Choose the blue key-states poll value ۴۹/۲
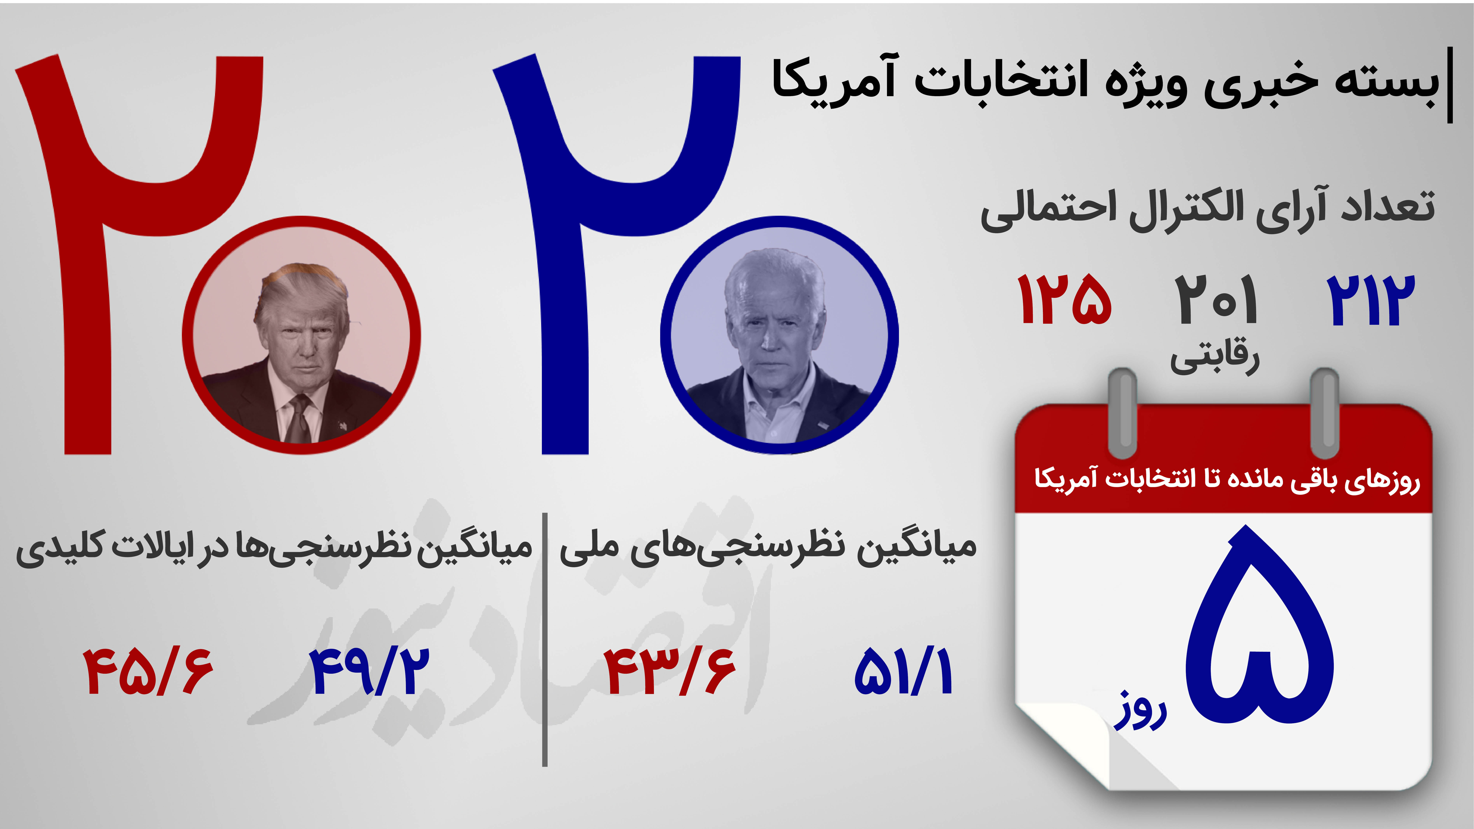point(370,671)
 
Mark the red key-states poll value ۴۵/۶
point(148,671)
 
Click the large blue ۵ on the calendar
point(1259,624)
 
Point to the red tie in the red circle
point(299,421)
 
